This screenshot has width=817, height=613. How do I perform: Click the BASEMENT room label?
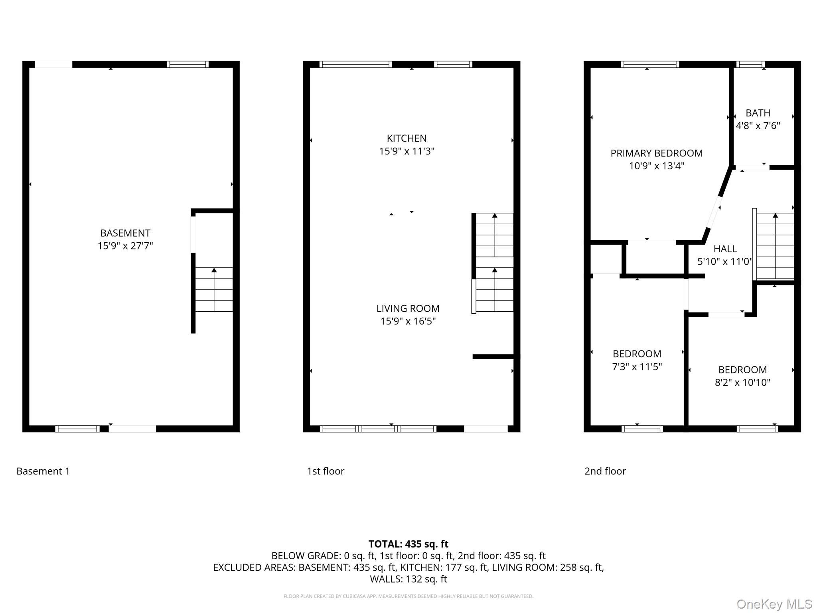tap(125, 233)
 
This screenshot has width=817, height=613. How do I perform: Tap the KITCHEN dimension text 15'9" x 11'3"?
tap(407, 151)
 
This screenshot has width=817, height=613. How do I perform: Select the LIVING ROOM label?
tap(408, 308)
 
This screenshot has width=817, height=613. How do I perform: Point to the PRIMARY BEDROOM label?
tap(656, 153)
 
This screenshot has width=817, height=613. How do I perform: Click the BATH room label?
tap(758, 113)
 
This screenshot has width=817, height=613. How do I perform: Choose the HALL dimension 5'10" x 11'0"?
tap(724, 261)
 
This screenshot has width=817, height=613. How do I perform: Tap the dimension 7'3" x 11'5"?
tap(637, 366)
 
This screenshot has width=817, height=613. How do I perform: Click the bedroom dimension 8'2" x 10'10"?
tap(742, 382)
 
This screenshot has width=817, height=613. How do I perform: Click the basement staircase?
tap(214, 289)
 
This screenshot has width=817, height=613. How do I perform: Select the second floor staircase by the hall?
tap(775, 245)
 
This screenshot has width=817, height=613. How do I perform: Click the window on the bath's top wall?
tap(750, 64)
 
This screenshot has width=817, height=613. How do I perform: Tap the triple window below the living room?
tap(378, 429)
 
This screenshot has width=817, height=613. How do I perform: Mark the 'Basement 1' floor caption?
tap(43, 471)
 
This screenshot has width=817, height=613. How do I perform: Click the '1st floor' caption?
tap(325, 471)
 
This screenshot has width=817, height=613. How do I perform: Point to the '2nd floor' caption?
tap(605, 471)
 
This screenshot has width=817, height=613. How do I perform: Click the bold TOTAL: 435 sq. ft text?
tap(408, 544)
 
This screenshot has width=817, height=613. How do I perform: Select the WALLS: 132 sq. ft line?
tap(408, 579)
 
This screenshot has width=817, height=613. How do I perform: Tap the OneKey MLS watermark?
tap(774, 604)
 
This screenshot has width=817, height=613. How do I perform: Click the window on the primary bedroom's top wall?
tap(649, 64)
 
